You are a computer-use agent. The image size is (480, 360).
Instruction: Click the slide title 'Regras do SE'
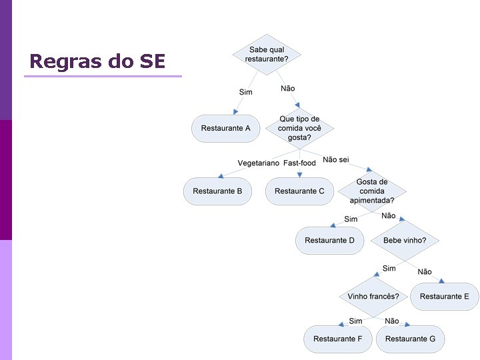click(97, 61)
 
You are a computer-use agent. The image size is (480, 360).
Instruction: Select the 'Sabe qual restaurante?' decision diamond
click(267, 55)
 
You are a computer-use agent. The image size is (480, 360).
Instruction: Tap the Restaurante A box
click(225, 128)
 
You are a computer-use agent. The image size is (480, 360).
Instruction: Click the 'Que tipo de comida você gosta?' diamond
click(299, 128)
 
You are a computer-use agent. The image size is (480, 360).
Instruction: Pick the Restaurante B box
click(217, 191)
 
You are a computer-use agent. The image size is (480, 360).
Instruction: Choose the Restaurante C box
click(299, 191)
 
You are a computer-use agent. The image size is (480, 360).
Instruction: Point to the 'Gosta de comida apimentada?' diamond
click(371, 191)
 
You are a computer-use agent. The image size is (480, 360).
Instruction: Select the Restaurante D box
click(329, 241)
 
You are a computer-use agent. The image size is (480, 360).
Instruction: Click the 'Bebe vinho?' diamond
click(405, 241)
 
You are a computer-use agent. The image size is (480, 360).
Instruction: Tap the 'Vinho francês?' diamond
click(373, 296)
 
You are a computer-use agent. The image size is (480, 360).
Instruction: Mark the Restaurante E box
click(444, 297)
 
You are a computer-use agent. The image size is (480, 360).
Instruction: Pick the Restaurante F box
click(337, 339)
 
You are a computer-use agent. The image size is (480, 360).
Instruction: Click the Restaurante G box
click(410, 339)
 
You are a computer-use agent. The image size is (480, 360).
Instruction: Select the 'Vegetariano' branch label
click(259, 163)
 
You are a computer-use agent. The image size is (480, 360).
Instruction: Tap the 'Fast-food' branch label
click(299, 163)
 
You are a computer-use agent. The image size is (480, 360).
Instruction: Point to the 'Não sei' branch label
click(335, 159)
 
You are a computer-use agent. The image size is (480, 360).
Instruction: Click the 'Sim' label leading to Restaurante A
click(245, 92)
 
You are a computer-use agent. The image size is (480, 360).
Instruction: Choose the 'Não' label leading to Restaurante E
click(424, 272)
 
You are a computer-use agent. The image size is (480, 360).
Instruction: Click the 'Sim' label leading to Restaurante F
click(355, 321)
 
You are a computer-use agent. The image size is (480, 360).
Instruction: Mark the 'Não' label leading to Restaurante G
click(392, 321)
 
